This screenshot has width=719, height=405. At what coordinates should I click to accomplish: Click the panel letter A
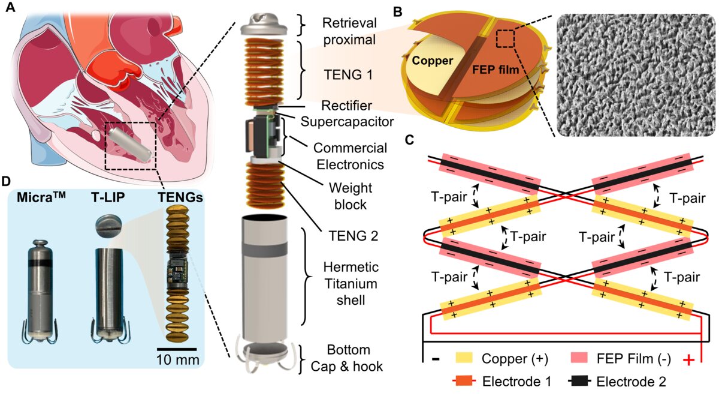10,7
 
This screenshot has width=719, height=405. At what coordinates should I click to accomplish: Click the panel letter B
398,12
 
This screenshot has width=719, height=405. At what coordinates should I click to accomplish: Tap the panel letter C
410,140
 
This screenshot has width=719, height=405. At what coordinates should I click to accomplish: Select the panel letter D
7,181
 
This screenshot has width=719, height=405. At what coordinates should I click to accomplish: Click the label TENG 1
348,75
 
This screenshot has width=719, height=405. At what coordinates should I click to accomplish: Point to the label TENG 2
353,236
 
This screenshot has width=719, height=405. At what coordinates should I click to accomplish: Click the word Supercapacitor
348,122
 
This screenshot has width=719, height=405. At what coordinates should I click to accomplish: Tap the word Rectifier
347,106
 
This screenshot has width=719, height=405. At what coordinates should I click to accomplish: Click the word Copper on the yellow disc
433,61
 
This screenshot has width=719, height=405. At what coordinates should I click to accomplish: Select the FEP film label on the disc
496,69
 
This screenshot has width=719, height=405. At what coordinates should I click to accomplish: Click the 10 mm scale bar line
177,349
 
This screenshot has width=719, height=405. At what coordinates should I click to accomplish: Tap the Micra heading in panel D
41,197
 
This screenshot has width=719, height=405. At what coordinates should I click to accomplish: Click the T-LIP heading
108,197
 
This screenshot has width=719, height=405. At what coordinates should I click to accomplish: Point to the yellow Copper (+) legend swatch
464,358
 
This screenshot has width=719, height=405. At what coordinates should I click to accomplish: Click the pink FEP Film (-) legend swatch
579,358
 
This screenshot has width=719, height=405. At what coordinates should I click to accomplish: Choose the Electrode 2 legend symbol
580,382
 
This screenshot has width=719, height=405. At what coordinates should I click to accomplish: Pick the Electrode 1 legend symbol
464,382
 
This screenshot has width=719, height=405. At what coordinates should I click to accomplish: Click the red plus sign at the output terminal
688,361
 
